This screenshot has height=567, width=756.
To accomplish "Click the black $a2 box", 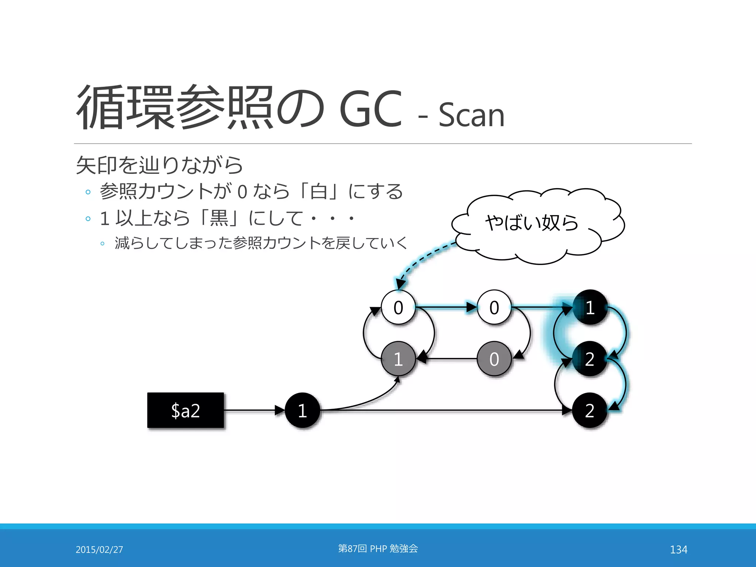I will click(185, 410).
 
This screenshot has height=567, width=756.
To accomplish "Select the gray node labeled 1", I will click(398, 359).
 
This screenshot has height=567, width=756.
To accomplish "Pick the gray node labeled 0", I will click(494, 359).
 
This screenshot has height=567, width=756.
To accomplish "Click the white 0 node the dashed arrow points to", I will click(398, 307).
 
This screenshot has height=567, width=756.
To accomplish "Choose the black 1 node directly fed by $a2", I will click(302, 410).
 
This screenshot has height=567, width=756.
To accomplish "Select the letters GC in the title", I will click(370, 109).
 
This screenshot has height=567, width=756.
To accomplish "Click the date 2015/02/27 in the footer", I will click(99, 549).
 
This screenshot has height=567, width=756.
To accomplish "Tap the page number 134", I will click(678, 549).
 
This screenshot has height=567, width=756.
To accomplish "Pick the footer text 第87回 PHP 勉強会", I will click(378, 549).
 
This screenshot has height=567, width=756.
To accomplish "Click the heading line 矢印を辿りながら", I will click(159, 165).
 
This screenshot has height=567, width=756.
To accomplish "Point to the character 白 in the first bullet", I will click(319, 192).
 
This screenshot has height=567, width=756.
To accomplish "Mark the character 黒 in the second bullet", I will click(219, 218).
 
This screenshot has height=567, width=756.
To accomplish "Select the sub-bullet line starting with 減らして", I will click(261, 243).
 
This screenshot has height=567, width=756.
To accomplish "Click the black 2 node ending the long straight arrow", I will click(590, 410).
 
